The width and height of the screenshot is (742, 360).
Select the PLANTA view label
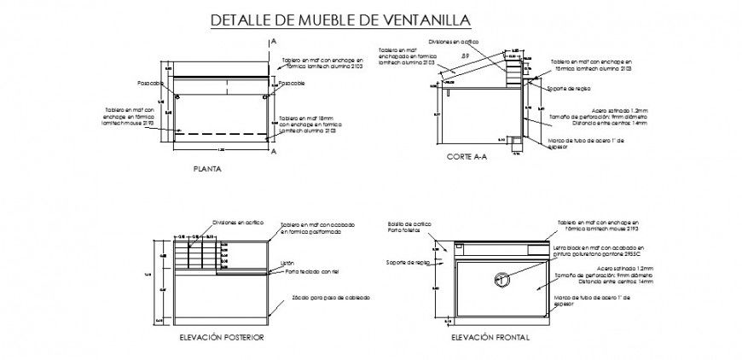click(207, 169)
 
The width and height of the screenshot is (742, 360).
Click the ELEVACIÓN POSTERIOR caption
click(220, 337)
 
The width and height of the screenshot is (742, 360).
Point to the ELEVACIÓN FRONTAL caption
click(491, 337)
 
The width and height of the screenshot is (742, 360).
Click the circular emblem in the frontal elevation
click(501, 278)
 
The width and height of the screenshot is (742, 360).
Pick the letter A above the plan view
click(273, 40)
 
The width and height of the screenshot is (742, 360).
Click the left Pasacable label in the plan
click(150, 84)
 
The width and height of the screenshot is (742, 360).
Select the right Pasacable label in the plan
click(291, 84)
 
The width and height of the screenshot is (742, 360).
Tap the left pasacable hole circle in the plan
click(177, 97)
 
